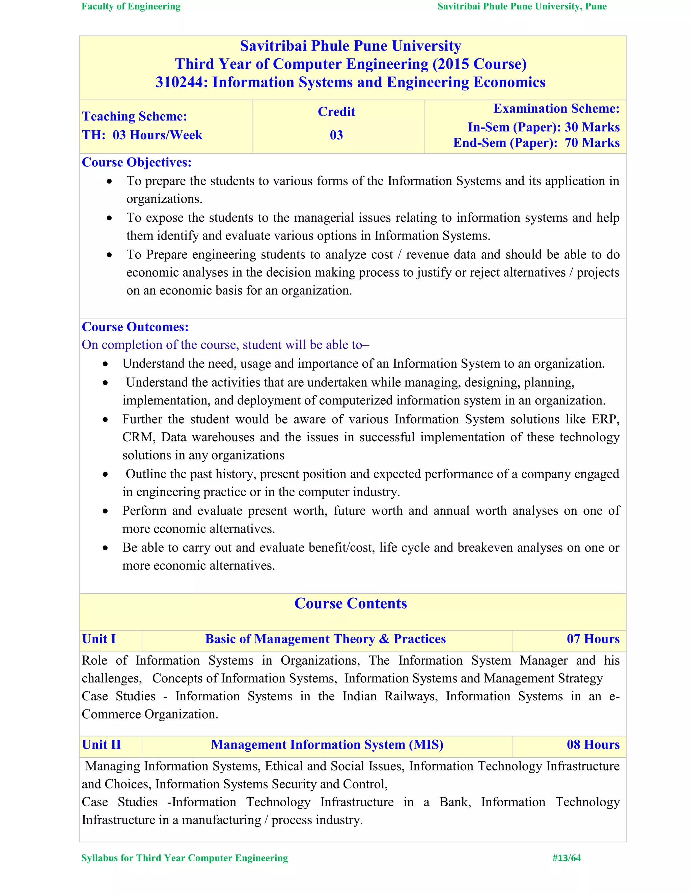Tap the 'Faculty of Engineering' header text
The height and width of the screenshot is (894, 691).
coord(131,6)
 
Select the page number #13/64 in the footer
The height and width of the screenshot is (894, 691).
coord(566,858)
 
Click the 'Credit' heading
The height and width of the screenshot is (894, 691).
coord(336,112)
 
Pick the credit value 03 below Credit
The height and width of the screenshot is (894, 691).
coord(336,135)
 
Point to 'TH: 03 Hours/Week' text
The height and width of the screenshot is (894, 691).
coord(142,135)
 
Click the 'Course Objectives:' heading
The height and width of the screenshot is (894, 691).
coord(137,163)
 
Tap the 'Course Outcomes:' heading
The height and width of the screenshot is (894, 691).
coord(135,327)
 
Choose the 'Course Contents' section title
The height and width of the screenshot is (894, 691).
coord(351,604)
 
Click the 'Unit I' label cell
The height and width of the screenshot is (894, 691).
coord(99,639)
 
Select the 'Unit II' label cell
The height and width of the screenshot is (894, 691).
coord(102,745)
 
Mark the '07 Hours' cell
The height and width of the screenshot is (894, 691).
coord(593,639)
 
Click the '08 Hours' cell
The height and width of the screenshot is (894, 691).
coord(593,745)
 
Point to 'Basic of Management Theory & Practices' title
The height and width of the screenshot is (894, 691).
coord(326,639)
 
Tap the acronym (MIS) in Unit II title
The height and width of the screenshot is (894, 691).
coord(426,745)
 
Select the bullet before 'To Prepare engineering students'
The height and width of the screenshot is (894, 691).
coord(109,255)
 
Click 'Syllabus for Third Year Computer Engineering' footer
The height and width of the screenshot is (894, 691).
coord(185,858)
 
